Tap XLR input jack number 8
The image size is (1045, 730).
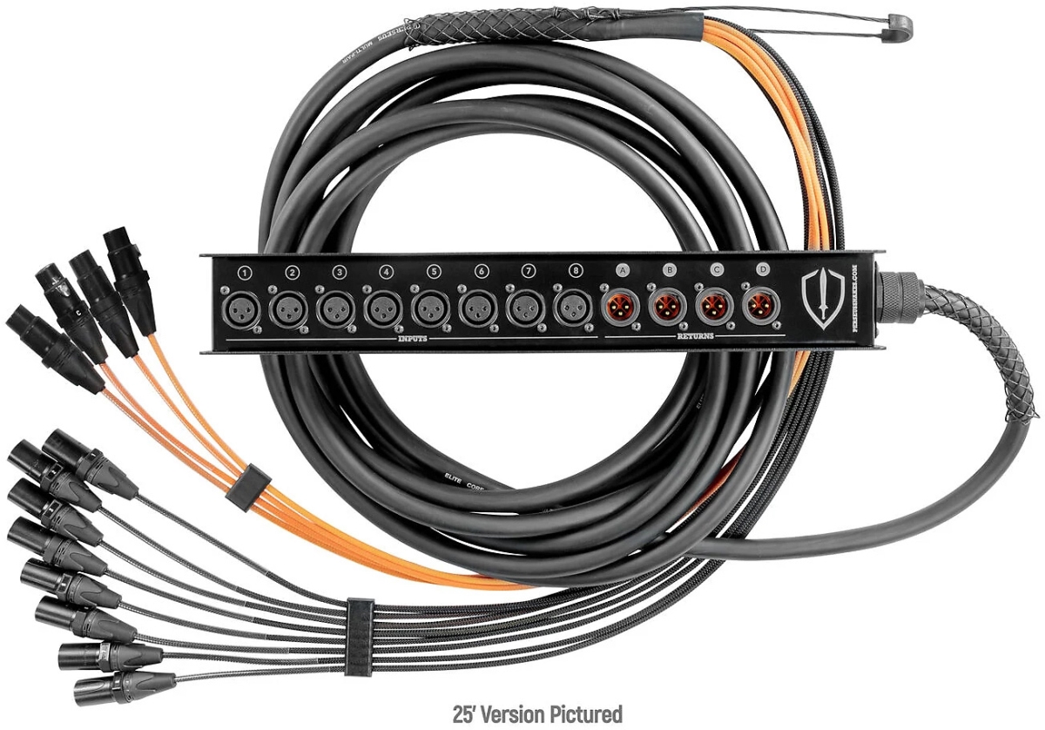[570, 308]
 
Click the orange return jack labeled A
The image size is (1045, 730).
[621, 307]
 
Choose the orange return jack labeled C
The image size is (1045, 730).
[714, 307]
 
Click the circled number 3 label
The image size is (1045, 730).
[339, 273]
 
